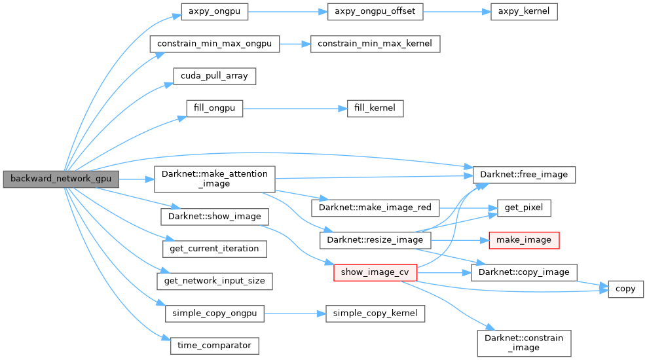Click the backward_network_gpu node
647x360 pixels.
coord(61,179)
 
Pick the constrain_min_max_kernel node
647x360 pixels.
coord(375,44)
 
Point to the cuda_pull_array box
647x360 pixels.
coord(214,76)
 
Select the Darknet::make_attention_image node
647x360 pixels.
coord(214,179)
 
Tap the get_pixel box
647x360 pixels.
coord(524,208)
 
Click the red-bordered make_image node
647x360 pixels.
coord(524,240)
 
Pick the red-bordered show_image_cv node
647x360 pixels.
coord(375,272)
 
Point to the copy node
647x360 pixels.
coord(626,289)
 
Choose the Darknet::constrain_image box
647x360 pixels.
coord(524,343)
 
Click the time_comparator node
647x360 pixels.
coord(214,346)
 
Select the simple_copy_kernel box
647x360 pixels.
coord(375,314)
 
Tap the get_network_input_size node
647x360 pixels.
coord(214,281)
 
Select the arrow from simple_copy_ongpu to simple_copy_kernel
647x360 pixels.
coord(295,314)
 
